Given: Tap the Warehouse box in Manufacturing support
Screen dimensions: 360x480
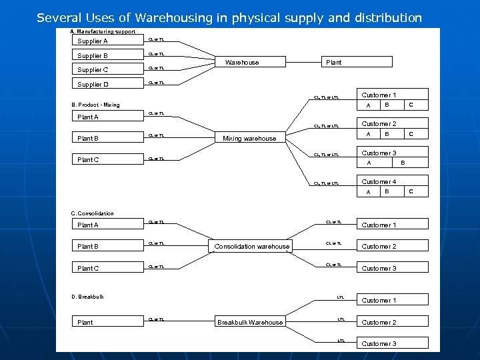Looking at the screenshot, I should [x=242, y=62].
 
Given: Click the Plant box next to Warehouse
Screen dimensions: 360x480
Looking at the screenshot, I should [x=333, y=62].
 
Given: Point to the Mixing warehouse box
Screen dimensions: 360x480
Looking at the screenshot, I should [x=249, y=139].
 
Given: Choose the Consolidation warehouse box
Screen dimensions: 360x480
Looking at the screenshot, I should [x=252, y=247].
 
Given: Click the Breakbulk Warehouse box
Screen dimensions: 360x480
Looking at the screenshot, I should [x=250, y=323].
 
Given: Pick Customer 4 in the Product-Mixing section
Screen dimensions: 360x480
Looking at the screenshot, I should [x=379, y=182].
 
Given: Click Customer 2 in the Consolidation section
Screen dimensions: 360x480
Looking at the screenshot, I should [x=379, y=247].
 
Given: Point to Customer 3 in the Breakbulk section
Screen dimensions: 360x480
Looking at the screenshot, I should [x=379, y=344].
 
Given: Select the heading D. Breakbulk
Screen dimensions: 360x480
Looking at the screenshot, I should [x=87, y=297].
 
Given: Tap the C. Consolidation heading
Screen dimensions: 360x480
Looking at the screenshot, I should [x=92, y=213].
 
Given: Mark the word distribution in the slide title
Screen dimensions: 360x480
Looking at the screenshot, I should [x=386, y=18].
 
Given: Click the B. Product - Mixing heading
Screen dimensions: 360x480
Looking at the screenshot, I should [x=95, y=105].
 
